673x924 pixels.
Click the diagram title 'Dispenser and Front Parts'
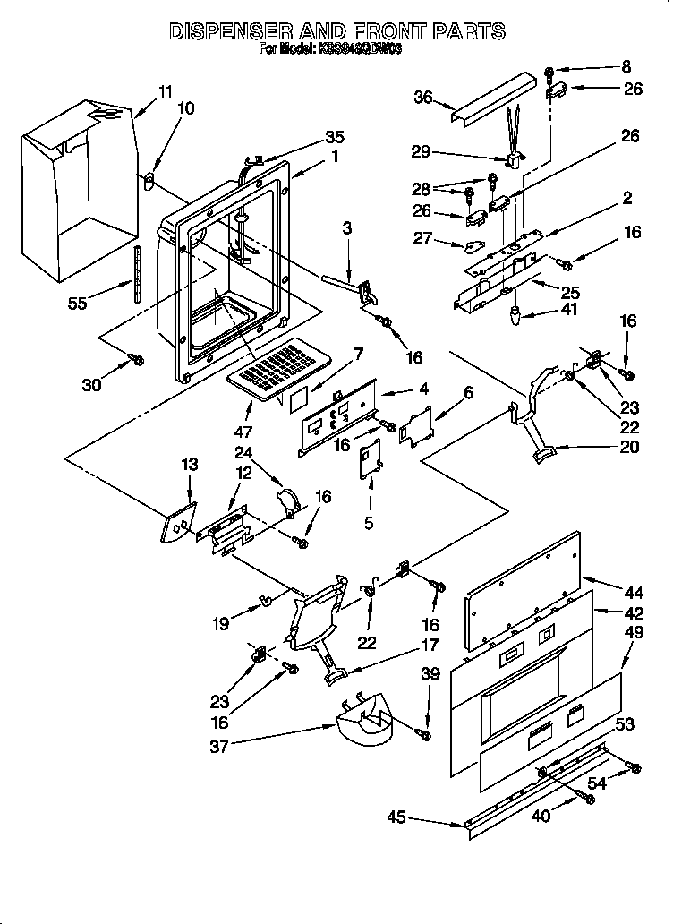(336, 32)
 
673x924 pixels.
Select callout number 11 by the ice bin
(165, 90)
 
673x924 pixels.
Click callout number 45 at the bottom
(397, 817)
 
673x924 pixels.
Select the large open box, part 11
(81, 188)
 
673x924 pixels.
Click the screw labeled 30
(137, 359)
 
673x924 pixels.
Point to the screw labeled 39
(425, 735)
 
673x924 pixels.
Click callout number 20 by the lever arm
(629, 447)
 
